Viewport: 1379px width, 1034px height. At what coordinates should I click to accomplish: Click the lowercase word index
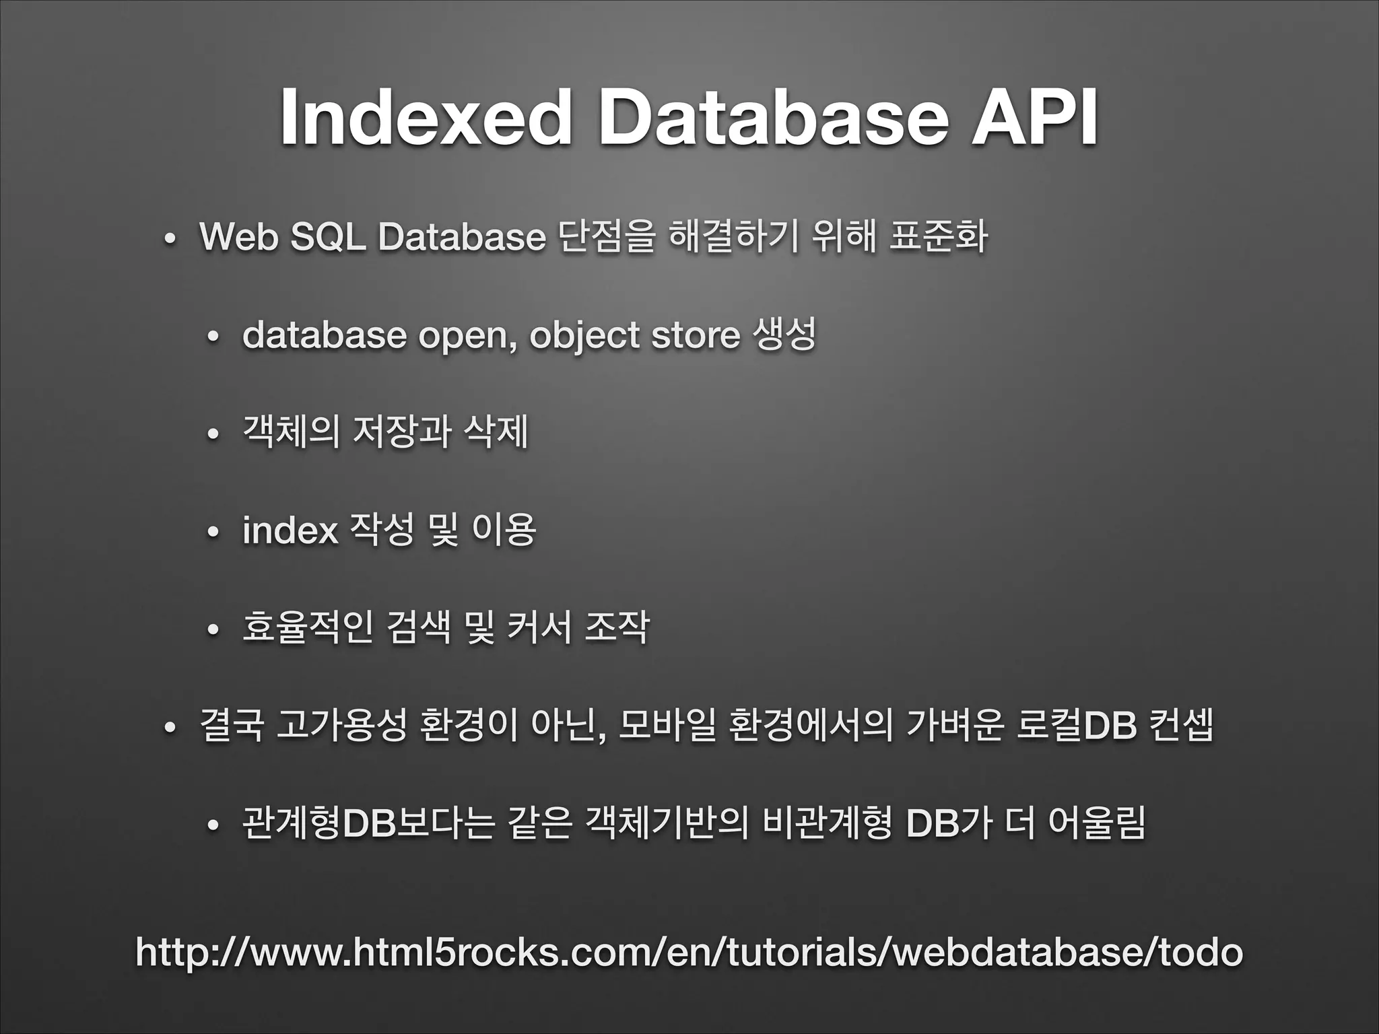[x=290, y=530]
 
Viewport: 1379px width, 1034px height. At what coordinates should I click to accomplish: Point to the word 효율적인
[x=307, y=627]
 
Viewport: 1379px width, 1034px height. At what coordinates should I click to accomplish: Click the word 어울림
[x=1096, y=824]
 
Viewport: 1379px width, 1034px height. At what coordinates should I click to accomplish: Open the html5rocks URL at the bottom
[x=689, y=952]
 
